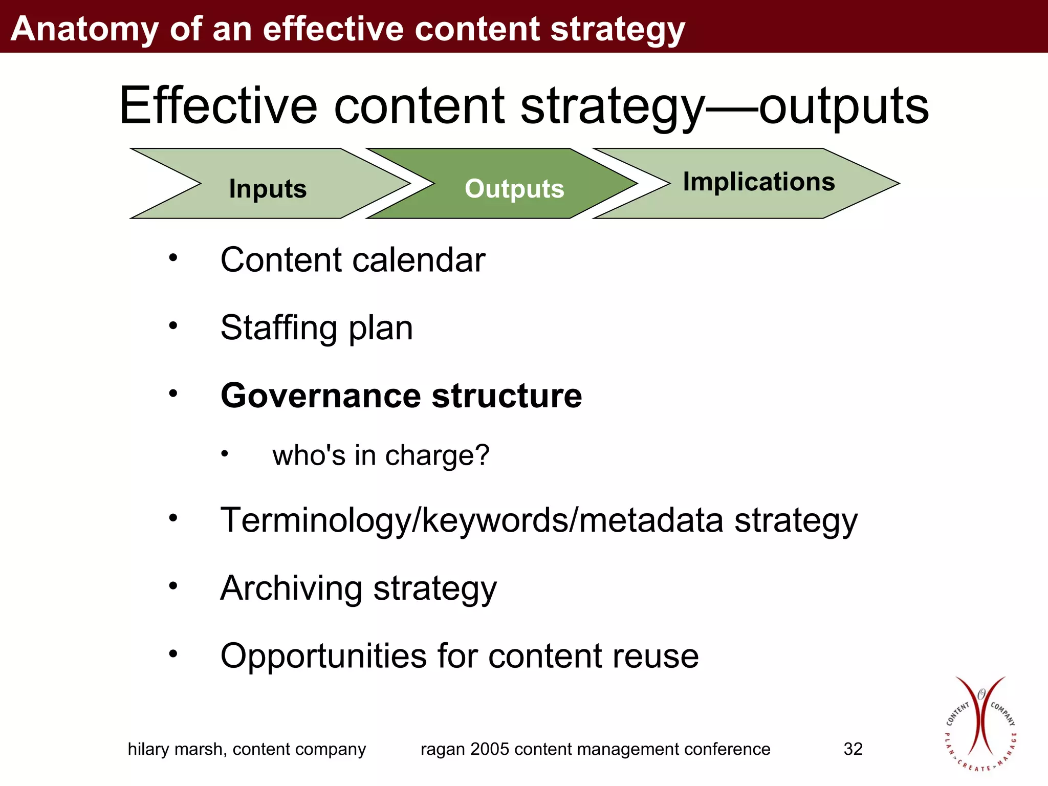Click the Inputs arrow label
[x=268, y=188]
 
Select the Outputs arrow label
[x=514, y=188]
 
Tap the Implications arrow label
[x=759, y=182]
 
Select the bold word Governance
[x=320, y=396]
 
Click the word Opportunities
[x=323, y=656]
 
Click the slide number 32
[x=853, y=749]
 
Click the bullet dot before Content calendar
[x=173, y=257]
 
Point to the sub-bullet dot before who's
[x=224, y=453]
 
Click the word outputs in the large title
[x=843, y=106]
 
